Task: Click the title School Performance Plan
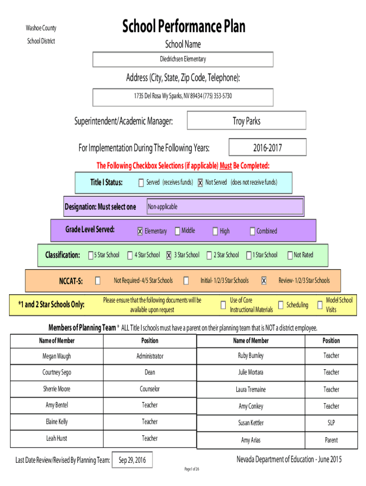click(x=183, y=27)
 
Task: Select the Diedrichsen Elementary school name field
click(x=183, y=59)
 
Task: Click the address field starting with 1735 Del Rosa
click(x=183, y=96)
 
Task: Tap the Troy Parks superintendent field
click(x=246, y=121)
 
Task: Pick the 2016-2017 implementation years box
click(x=267, y=148)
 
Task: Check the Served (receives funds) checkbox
click(x=141, y=183)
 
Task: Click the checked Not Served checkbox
click(x=201, y=183)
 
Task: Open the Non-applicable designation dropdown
click(x=224, y=207)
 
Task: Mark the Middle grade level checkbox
click(x=177, y=231)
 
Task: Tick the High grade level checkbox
click(x=215, y=231)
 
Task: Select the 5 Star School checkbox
click(x=90, y=255)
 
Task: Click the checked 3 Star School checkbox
click(x=169, y=255)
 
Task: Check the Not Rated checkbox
click(x=289, y=255)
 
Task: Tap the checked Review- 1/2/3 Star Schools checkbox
click(x=264, y=280)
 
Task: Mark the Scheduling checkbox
click(x=281, y=305)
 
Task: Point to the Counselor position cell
click(x=150, y=389)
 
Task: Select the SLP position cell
click(x=331, y=423)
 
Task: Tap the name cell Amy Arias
click(x=250, y=440)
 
